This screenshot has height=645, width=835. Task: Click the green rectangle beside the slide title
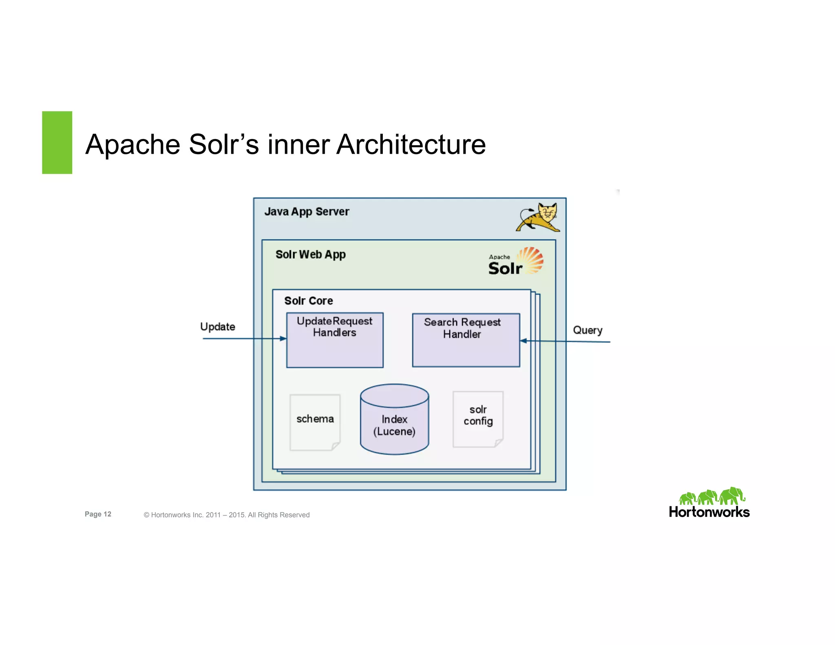[57, 142]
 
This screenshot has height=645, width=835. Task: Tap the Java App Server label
[307, 212]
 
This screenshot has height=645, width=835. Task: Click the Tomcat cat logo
[538, 217]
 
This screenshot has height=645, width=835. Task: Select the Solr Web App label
[310, 254]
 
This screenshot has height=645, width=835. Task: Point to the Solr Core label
[308, 301]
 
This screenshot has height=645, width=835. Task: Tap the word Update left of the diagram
[217, 327]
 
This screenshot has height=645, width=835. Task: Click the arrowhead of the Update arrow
[283, 338]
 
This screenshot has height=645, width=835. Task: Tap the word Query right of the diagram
[587, 330]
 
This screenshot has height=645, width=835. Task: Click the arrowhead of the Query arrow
[524, 341]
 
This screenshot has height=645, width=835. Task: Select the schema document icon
[315, 422]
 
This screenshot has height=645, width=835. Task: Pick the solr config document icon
[478, 419]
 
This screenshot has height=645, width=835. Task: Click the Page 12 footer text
[98, 514]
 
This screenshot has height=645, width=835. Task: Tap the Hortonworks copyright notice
[227, 515]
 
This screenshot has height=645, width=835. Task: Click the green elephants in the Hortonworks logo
[711, 496]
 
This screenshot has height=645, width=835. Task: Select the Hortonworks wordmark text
[709, 512]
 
